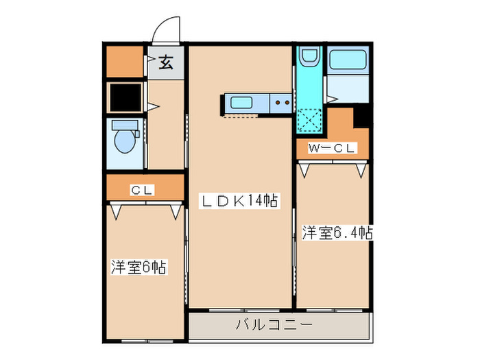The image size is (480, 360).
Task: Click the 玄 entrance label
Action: [x=166, y=63]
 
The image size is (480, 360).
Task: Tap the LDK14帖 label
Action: [x=239, y=201]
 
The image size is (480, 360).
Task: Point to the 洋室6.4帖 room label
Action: [x=337, y=233]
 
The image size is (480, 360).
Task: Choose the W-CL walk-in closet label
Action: [x=332, y=148]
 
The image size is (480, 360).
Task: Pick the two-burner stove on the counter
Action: [x=282, y=104]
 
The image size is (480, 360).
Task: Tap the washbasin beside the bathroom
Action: [x=309, y=58]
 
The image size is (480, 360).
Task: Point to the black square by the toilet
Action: [x=125, y=97]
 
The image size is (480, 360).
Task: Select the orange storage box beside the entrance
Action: [x=124, y=62]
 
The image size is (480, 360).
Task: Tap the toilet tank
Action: [x=125, y=125]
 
